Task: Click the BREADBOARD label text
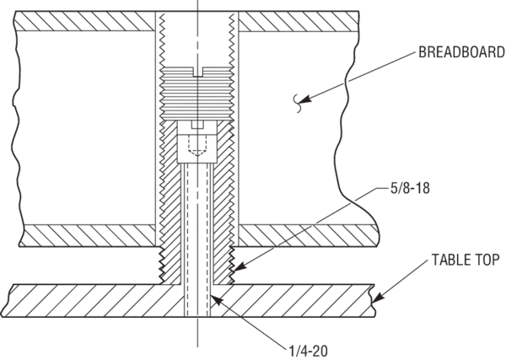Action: coord(456,55)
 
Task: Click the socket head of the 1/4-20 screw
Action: coord(196,139)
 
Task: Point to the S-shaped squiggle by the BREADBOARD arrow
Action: coord(296,103)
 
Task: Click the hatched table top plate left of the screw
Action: coord(93,298)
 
